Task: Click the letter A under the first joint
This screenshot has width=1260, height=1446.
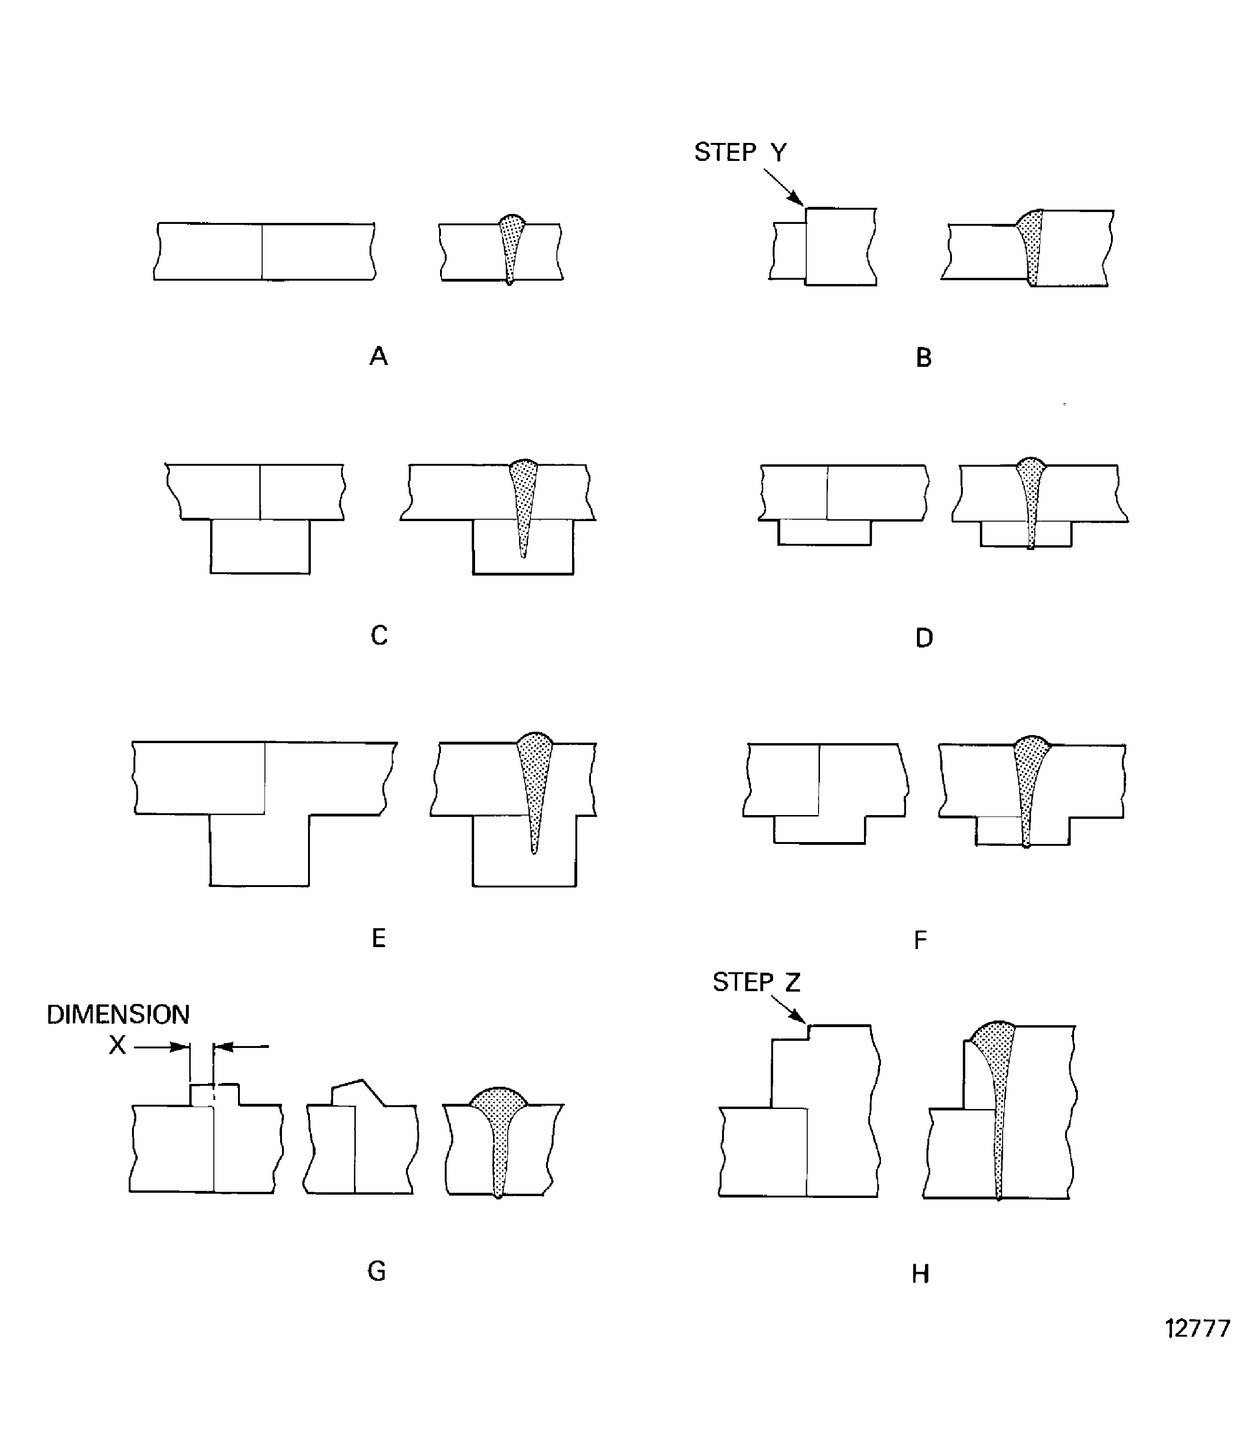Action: click(x=378, y=356)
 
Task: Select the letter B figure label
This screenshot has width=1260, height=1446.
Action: click(x=923, y=358)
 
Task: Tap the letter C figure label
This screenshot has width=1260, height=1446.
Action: click(x=379, y=636)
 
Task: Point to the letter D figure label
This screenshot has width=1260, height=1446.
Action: click(x=924, y=638)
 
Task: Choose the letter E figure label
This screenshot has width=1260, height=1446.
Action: click(x=378, y=938)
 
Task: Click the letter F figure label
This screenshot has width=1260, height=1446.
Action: click(x=920, y=940)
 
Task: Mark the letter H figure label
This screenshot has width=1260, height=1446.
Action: click(x=920, y=1274)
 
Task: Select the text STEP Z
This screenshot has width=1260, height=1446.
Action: click(x=757, y=982)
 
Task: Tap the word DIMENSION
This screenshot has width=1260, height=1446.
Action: click(x=118, y=1014)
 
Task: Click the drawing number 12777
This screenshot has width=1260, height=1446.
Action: click(x=1198, y=1328)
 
